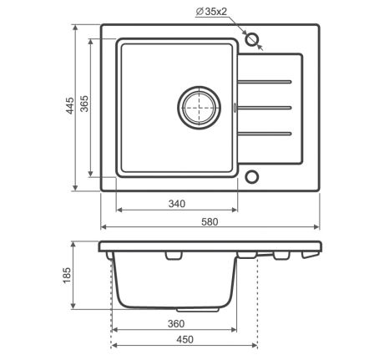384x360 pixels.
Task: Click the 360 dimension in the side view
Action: [174, 322]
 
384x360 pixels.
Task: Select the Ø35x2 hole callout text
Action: [215, 12]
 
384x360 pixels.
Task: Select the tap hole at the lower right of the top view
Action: [252, 177]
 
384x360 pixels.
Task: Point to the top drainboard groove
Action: [265, 82]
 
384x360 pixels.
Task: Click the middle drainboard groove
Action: [265, 107]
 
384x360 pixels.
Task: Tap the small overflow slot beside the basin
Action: [236, 107]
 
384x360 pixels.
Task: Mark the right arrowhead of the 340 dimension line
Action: [235, 210]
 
